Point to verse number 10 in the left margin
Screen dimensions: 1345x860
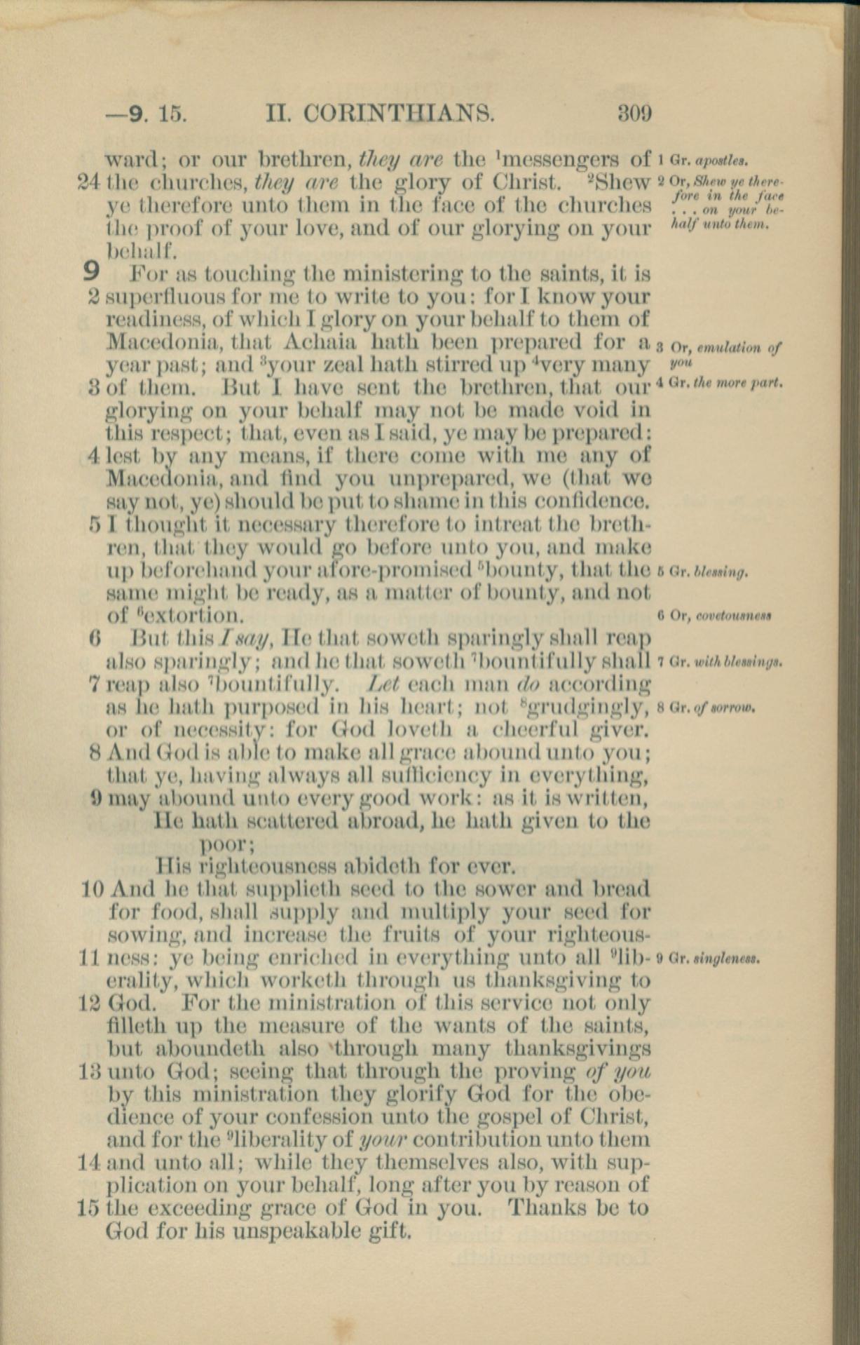pos(94,890)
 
